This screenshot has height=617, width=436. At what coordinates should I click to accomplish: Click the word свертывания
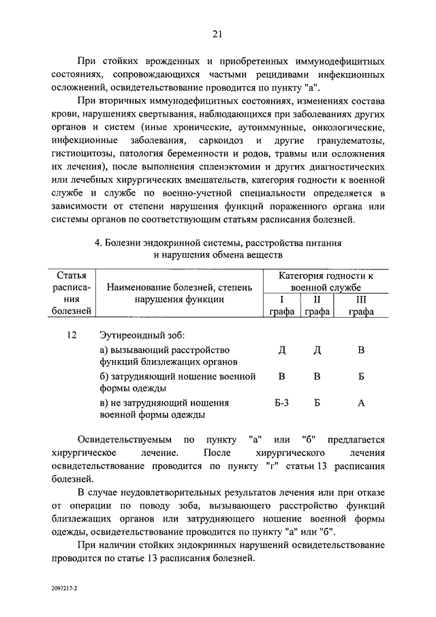pos(166,114)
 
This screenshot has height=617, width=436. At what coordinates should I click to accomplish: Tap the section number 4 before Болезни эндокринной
pos(97,242)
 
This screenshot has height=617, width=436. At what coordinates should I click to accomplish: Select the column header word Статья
pos(72,275)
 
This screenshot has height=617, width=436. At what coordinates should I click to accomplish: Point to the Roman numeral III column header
pos(361,299)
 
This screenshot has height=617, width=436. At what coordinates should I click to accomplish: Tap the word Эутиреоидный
pos(133,336)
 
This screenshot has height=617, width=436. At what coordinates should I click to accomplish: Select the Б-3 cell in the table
pos(282,402)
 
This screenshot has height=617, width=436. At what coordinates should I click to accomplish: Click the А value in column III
pos(361,402)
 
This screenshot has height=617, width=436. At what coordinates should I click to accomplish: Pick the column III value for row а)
pos(361,350)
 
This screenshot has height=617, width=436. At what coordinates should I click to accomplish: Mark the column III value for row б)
pos(361,376)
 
